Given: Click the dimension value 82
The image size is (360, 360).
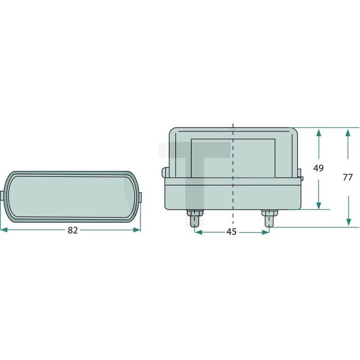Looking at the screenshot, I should point(73,230).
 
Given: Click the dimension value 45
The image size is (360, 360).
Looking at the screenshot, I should point(232,232).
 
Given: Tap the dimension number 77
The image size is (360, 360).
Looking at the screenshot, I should point(348,178).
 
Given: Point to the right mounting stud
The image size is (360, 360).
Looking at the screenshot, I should point(269,218).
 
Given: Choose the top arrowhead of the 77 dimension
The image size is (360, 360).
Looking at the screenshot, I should point(348,133).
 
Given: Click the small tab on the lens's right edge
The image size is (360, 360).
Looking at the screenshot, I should point(140,197).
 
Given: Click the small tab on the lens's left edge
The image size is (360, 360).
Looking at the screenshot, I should point(4,196).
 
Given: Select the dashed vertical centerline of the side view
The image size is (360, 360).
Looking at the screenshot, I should point(233,166).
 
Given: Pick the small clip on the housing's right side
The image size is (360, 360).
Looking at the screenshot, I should point(302,178).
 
